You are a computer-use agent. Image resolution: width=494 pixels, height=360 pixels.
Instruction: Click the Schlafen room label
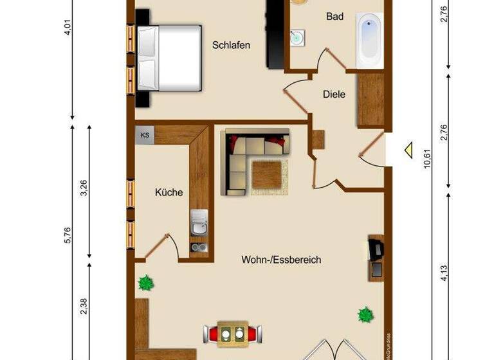pyautogui.click(x=231, y=45)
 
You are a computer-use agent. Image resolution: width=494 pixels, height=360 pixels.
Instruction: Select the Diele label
pyautogui.click(x=334, y=94)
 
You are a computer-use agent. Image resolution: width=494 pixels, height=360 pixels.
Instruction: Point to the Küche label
pyautogui.click(x=169, y=192)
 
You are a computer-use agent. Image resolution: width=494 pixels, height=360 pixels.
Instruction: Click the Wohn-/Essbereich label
pyautogui.click(x=281, y=260)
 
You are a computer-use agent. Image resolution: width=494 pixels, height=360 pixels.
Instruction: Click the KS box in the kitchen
pyautogui.click(x=145, y=135)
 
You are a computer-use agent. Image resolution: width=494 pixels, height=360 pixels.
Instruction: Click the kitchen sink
pyautogui.click(x=199, y=224)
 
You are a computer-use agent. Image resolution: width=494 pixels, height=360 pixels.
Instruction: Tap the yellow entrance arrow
pyautogui.click(x=407, y=151)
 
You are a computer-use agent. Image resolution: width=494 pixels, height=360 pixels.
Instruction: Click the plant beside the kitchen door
pyautogui.click(x=147, y=282)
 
